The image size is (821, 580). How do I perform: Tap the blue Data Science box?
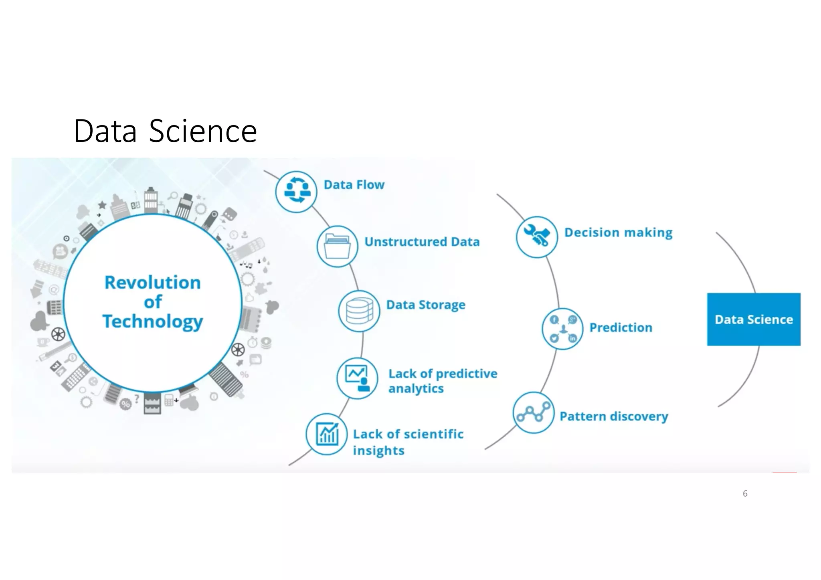coord(754,319)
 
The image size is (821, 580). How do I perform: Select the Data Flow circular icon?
coord(296,192)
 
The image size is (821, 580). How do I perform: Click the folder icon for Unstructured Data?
coord(337,246)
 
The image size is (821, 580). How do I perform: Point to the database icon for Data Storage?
coord(359,311)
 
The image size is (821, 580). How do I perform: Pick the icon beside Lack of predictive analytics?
coord(357,378)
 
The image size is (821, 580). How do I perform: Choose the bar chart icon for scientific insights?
coord(327,434)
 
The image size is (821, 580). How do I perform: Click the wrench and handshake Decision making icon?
coord(537,236)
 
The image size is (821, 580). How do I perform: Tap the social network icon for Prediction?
coord(562,329)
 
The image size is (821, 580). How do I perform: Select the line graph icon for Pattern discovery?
coord(534,412)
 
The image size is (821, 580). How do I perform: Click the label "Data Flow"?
coord(354,185)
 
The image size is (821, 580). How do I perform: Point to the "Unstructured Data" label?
coord(422,242)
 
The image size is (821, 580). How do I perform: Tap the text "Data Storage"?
coord(426,305)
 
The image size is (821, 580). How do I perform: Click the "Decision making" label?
coord(618,232)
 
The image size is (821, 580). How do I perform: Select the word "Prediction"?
coord(621,327)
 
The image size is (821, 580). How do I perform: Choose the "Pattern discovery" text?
coord(614,416)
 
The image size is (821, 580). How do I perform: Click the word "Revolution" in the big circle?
coord(153,283)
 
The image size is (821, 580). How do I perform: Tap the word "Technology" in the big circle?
coord(153,321)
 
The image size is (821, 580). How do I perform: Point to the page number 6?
coord(745,493)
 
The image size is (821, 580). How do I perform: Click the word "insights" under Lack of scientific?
coord(378,451)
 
